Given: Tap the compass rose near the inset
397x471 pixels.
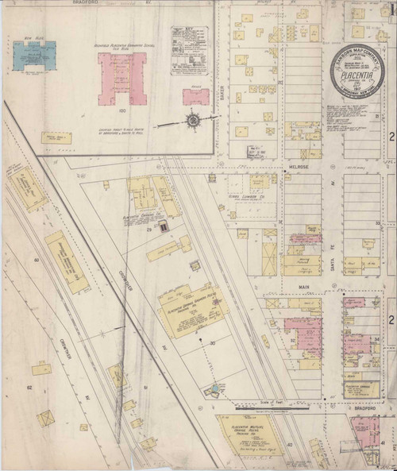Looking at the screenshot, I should coord(193,121).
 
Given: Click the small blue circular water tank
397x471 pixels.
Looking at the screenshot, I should coord(213,388).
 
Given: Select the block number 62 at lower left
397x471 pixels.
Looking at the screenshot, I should coord(27,387).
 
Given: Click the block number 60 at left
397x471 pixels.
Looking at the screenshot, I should coord(37,260).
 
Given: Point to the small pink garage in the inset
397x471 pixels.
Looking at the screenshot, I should coord(196,97).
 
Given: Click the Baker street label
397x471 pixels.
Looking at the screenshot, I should coord(222,95).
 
